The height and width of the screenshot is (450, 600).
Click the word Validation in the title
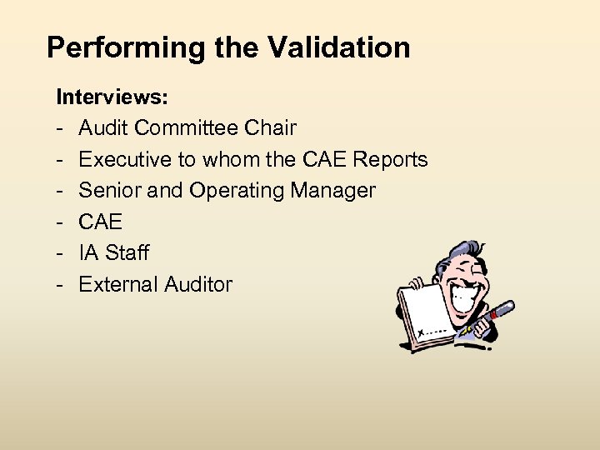(339, 47)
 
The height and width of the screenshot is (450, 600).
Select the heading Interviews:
(112, 97)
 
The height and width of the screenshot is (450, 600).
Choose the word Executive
(122, 159)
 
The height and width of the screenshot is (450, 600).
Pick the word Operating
(237, 191)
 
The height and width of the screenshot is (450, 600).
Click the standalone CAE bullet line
(100, 222)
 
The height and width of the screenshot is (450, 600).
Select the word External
(117, 284)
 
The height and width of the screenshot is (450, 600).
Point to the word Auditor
(198, 284)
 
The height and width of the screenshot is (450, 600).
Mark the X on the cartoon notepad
(422, 332)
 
